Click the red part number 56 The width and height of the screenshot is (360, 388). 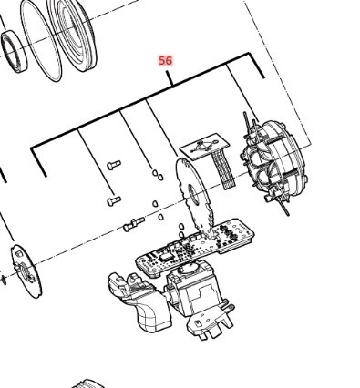(x=165, y=60)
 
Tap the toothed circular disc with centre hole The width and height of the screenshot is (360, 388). (x=193, y=196)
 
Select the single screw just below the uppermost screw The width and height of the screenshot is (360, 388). (x=113, y=198)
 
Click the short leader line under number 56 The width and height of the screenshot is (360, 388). (x=170, y=77)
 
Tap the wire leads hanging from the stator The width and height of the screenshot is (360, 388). (x=282, y=204)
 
